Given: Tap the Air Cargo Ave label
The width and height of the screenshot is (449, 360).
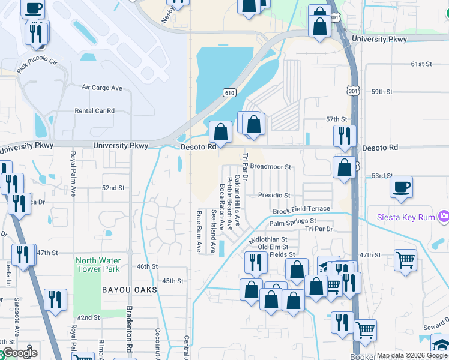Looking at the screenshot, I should pos(101,88).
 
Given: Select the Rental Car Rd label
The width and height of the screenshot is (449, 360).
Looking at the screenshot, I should pos(94,111).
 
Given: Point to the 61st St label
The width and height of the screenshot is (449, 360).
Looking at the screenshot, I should pos(421,64).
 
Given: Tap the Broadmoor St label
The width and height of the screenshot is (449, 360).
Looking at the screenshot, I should pos(270,167).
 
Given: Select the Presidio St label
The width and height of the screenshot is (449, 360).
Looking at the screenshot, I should pos(274,196).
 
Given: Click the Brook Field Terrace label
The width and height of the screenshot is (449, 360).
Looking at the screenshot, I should pos(301,209).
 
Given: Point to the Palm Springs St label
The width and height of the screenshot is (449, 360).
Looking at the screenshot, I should pos(292,223).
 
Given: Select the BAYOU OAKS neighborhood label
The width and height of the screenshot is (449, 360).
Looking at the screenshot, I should pos(129,290).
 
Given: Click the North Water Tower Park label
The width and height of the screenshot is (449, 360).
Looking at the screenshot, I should pos(97,265).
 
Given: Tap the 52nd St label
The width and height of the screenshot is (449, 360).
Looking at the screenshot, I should pos(113,188).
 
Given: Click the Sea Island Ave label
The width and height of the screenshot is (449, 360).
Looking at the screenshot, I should pos(212,231).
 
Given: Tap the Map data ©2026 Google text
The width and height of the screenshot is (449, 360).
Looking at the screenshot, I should pos(411,355).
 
